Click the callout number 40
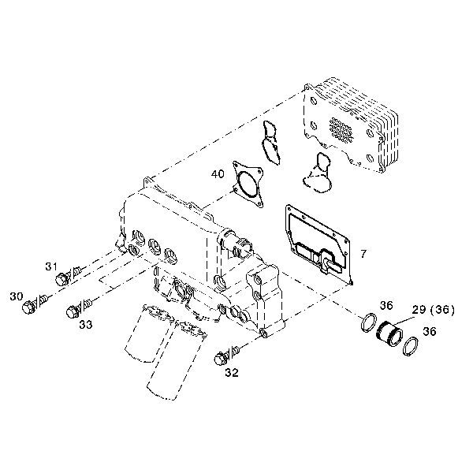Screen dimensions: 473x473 (218, 174)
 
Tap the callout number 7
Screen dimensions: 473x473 (363, 254)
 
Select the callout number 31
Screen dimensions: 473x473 (51, 266)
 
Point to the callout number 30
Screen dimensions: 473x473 (17, 296)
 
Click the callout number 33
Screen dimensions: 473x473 (86, 325)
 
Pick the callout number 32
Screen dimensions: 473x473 (232, 373)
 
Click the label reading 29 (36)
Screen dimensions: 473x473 (433, 310)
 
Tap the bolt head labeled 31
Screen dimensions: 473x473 (61, 279)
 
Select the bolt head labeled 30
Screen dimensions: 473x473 (28, 307)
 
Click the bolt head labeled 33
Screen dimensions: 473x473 (73, 311)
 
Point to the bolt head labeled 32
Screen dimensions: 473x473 (221, 359)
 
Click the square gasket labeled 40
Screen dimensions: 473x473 (248, 184)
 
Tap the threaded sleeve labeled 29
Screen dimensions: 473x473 (389, 334)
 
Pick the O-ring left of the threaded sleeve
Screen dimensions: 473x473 (369, 323)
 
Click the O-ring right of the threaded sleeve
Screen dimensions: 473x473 (411, 346)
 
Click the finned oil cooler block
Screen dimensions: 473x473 (351, 125)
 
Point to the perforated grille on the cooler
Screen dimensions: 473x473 (341, 130)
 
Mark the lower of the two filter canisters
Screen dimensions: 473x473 (177, 360)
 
